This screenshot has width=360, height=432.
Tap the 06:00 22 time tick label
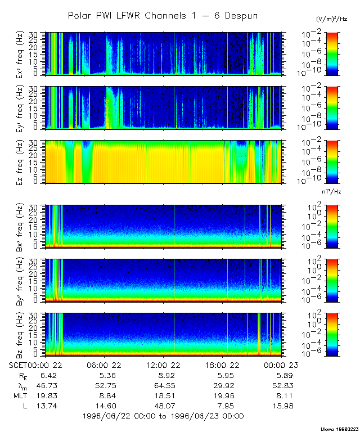105,364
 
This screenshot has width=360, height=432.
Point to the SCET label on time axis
19,364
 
